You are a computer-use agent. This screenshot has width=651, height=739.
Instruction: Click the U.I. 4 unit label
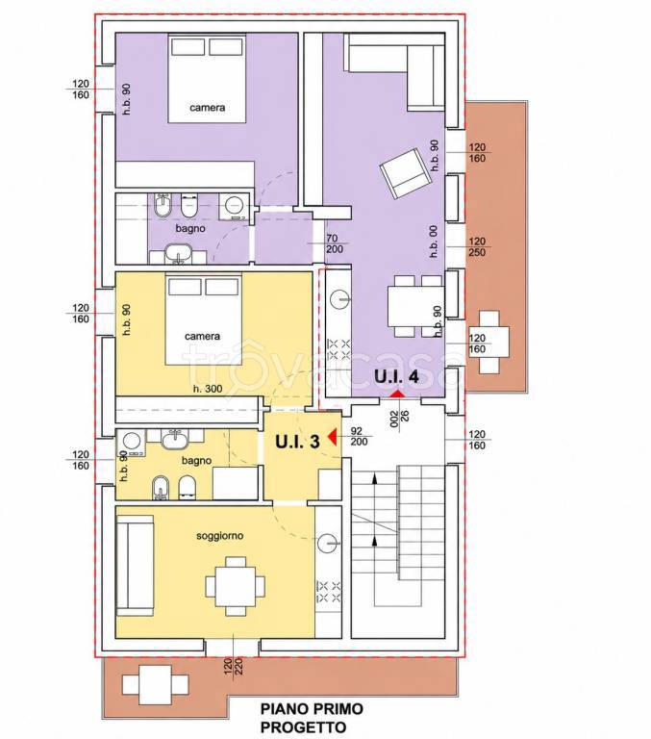[x=396, y=376]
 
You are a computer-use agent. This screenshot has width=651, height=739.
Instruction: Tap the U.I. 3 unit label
[x=297, y=441]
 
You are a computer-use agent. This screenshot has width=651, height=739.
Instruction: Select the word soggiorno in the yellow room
[x=219, y=536]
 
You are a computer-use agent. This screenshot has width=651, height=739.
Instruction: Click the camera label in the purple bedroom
[x=208, y=108]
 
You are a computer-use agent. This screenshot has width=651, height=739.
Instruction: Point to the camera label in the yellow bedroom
[x=202, y=336]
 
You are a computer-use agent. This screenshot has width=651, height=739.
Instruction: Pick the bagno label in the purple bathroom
[x=190, y=229]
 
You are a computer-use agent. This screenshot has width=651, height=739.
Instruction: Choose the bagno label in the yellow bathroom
[x=196, y=461]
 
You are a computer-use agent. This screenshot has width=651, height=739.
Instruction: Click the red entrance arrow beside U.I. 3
[x=332, y=437]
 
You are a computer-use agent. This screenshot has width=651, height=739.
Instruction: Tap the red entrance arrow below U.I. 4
[x=398, y=393]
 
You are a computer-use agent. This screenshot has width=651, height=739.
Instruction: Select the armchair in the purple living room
[x=405, y=173]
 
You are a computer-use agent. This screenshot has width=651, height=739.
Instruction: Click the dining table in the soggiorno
[x=235, y=586]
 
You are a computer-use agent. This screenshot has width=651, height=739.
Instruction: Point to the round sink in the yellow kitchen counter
[x=328, y=543]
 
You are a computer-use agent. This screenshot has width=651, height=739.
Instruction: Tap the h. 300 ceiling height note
[x=208, y=390]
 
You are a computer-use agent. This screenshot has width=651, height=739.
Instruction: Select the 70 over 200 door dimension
[x=335, y=243]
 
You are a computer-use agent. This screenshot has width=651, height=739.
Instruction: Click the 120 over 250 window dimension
[x=477, y=247]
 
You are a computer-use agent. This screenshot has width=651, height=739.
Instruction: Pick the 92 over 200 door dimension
[x=360, y=436]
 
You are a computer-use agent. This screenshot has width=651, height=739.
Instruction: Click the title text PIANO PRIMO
[x=312, y=708]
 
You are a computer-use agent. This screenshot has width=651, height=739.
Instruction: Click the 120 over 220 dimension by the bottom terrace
[x=233, y=667]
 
